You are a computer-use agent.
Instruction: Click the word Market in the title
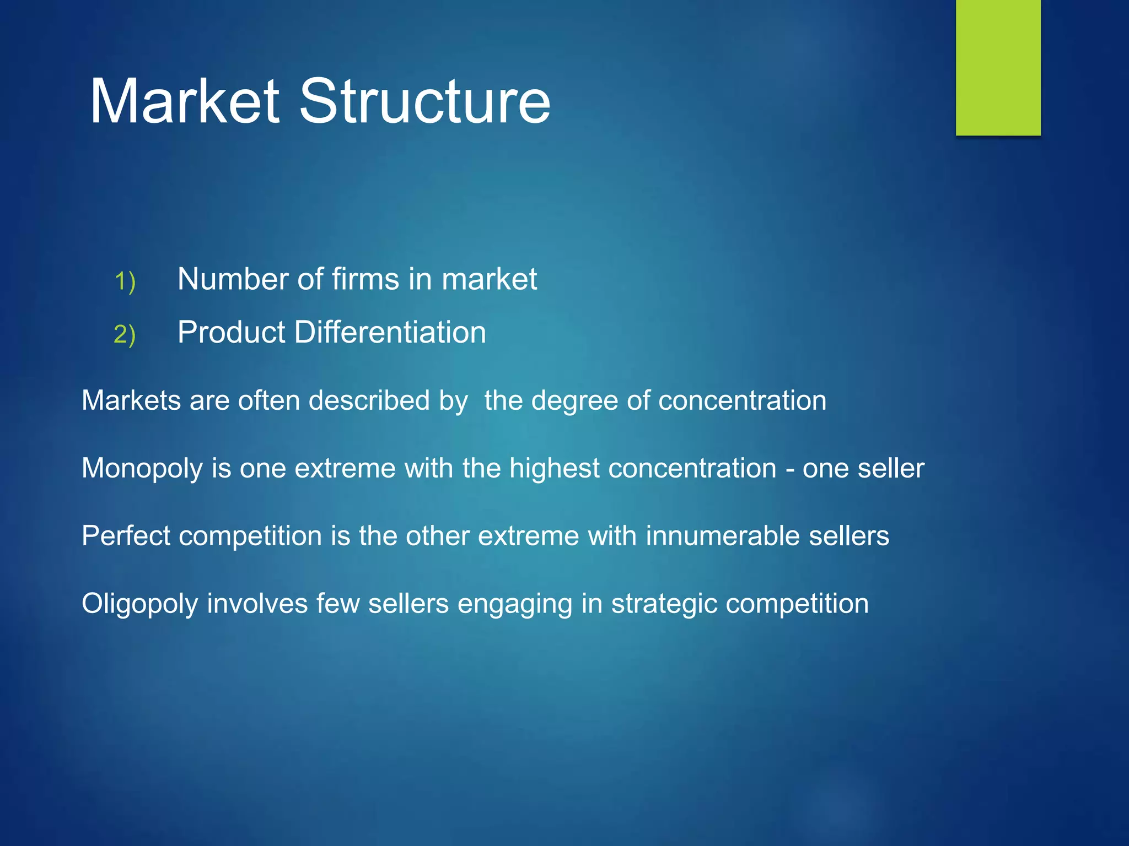click(185, 101)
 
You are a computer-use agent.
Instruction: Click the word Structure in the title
click(424, 101)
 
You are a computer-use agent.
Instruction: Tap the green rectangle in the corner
click(998, 67)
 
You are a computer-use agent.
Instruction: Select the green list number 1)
click(125, 281)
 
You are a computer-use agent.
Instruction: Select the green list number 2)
click(125, 334)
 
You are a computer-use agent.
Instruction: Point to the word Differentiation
click(390, 332)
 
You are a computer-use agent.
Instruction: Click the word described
click(369, 400)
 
